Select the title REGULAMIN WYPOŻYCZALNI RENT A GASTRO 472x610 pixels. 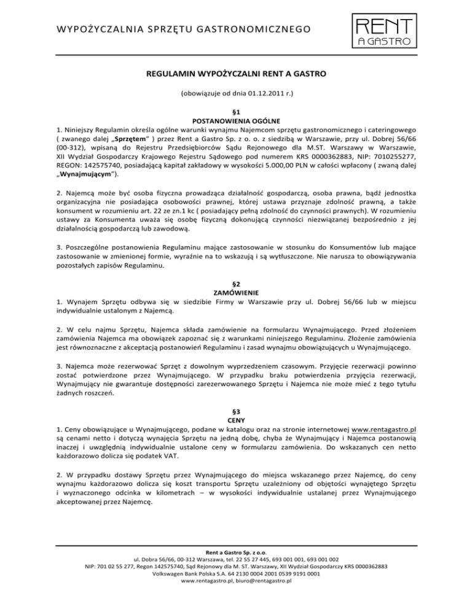click(x=236, y=75)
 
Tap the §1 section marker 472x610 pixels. click(x=236, y=112)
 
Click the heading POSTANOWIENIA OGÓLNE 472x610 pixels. click(x=236, y=121)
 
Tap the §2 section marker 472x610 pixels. click(x=236, y=284)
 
